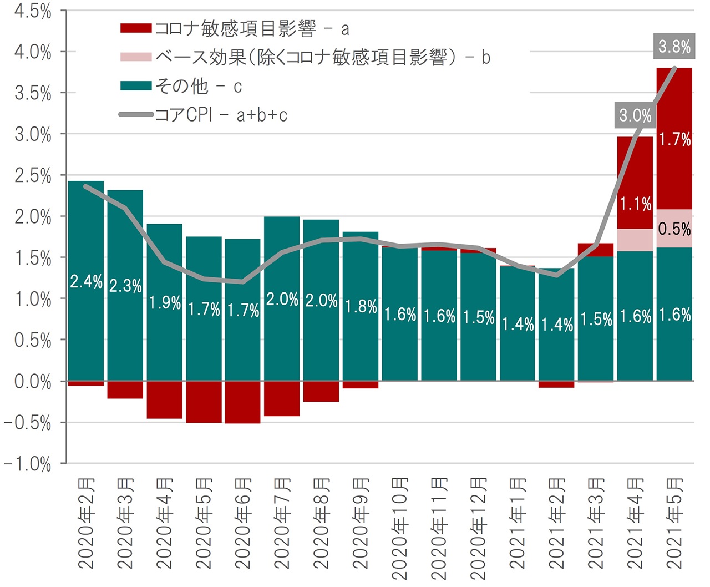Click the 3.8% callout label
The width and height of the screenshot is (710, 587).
coord(674,46)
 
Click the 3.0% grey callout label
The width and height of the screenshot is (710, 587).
coord(635,115)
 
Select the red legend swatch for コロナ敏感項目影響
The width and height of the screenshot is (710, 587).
coord(136,28)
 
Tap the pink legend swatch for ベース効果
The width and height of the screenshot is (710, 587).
coord(136,57)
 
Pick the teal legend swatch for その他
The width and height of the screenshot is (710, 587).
coord(136,85)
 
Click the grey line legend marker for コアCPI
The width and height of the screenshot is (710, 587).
coord(136,115)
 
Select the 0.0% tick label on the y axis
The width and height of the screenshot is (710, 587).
coord(33,382)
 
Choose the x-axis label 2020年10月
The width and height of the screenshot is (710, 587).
coord(400,527)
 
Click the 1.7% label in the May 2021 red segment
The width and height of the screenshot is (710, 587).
coord(674,139)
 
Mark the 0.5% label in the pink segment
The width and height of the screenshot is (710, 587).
coord(674,229)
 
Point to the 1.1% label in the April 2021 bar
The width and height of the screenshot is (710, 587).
coord(635,204)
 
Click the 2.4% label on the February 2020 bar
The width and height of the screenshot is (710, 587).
coord(86,282)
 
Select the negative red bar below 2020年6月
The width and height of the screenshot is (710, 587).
coord(243,402)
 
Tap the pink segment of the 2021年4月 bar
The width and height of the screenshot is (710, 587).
coord(635,240)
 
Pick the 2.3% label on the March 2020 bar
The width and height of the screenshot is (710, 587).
coord(125,286)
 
